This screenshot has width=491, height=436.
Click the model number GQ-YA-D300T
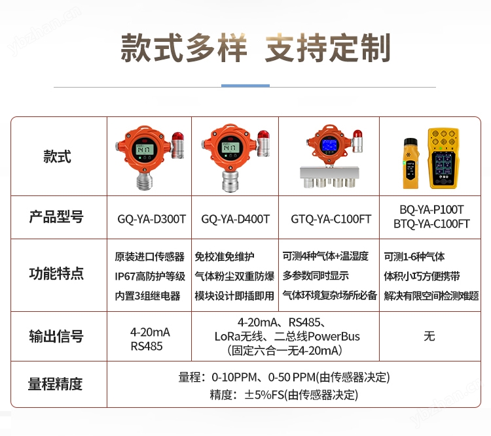[152, 219]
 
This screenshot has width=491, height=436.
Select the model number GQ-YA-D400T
[235, 219]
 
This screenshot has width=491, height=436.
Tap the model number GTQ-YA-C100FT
[331, 219]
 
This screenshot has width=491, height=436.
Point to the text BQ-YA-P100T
[431, 210]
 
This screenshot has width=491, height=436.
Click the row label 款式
[58, 156]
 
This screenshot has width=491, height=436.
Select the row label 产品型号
[56, 217]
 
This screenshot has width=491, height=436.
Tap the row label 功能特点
[56, 273]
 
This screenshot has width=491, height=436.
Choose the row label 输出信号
[56, 337]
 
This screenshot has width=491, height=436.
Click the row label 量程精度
[56, 384]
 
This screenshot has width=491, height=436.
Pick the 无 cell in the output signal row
[429, 337]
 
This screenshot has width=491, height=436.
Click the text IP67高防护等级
[150, 276]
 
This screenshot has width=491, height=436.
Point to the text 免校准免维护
[224, 256]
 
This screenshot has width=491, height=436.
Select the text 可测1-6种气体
[414, 256]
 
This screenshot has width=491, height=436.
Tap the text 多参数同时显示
[316, 276]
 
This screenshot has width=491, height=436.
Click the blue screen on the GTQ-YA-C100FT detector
[329, 144]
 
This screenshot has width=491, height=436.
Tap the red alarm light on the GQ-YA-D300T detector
[177, 137]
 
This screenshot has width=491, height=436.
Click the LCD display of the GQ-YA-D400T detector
[230, 147]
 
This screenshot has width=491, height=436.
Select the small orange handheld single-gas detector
[410, 163]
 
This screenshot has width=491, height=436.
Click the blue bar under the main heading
[245, 86]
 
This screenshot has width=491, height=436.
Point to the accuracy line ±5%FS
[284, 395]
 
